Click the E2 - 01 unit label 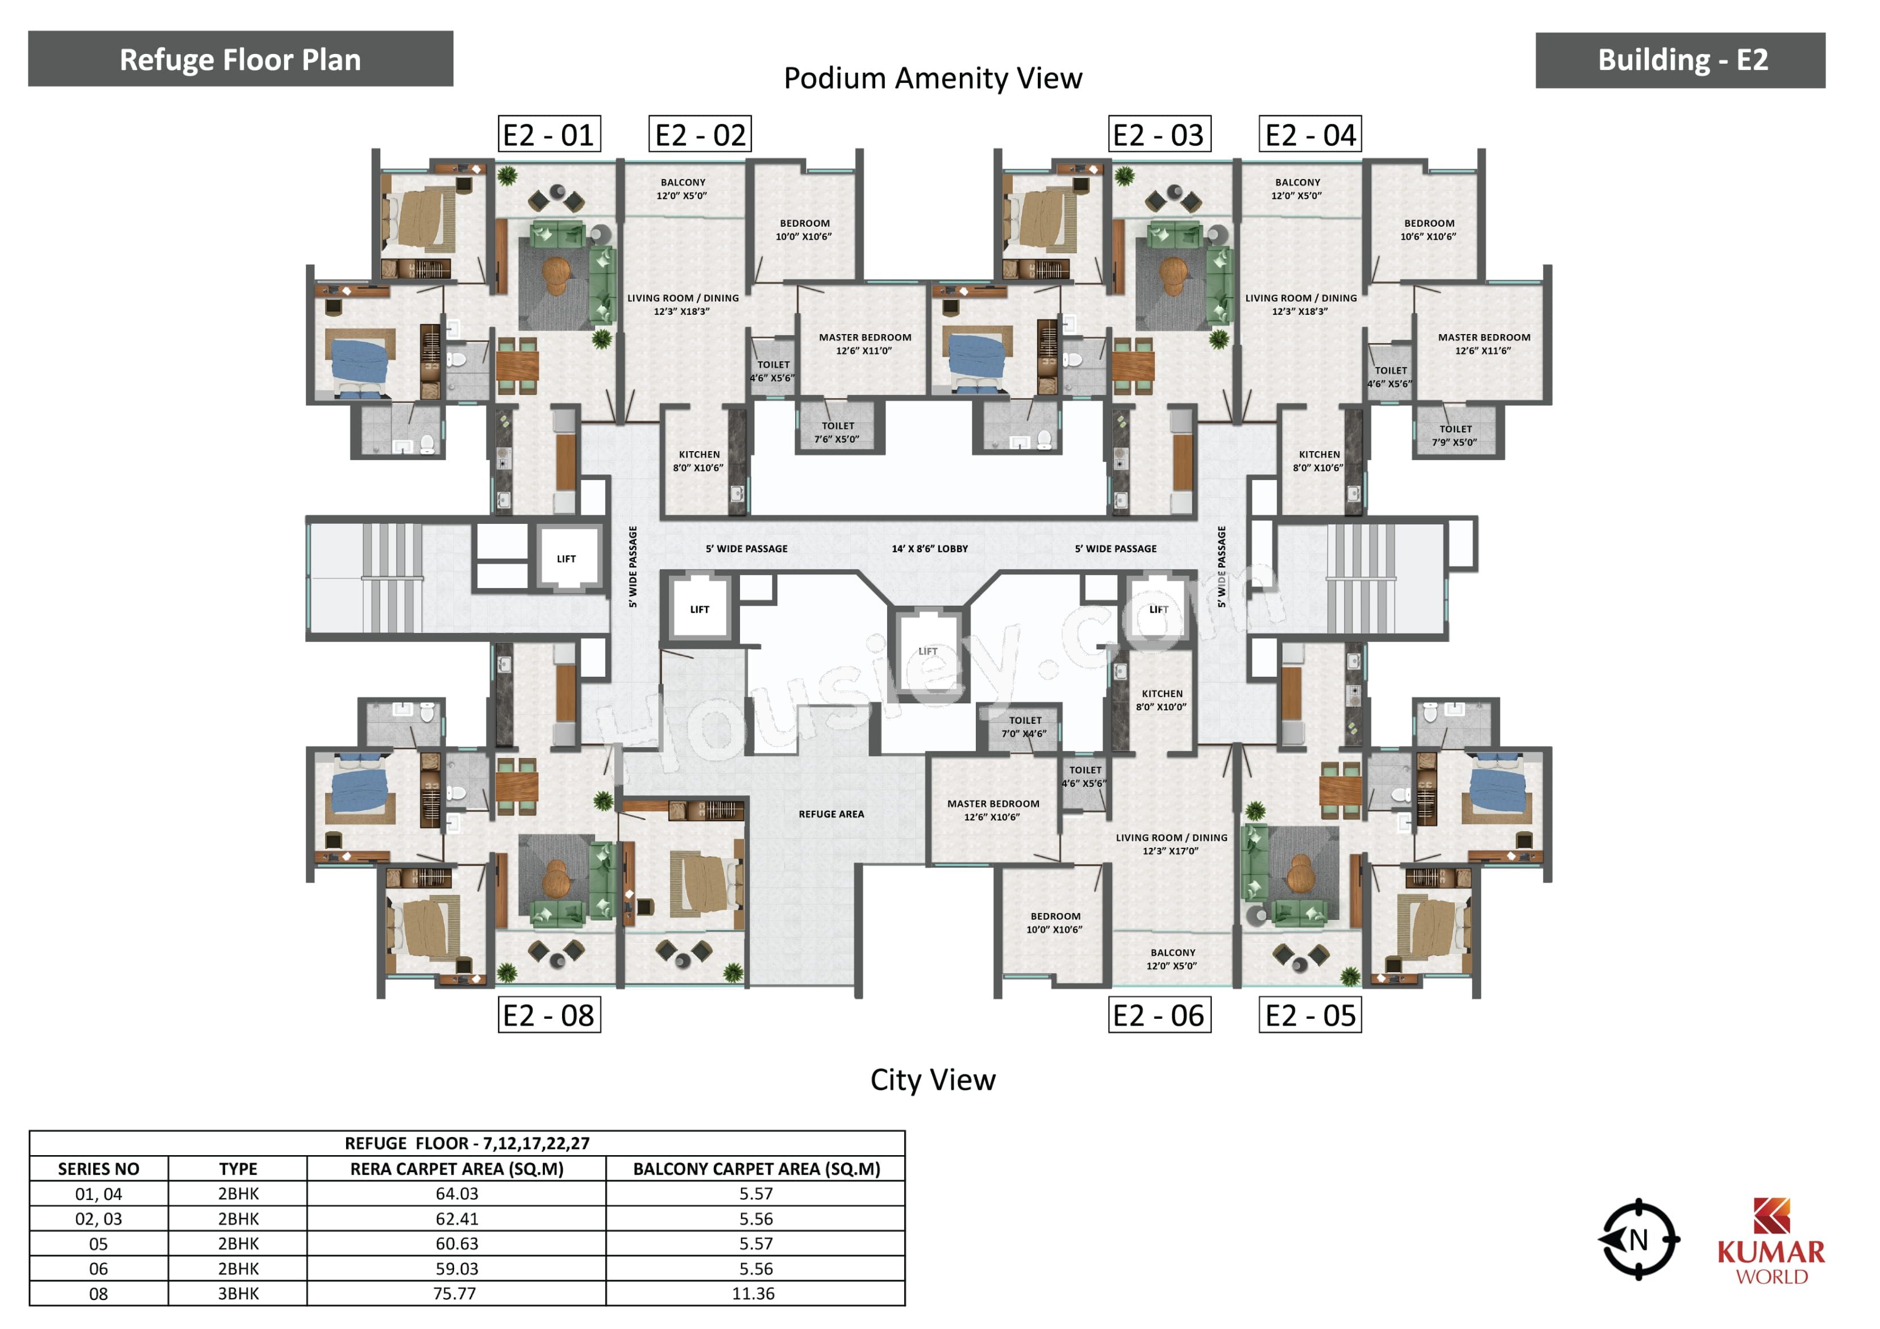click(x=550, y=134)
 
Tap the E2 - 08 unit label click(x=550, y=1015)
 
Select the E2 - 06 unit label click(x=1159, y=1015)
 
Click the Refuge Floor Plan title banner click(x=241, y=59)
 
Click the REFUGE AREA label click(x=831, y=814)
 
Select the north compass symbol click(x=1638, y=1240)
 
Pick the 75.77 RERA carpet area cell click(x=456, y=1294)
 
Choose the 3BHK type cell click(x=238, y=1294)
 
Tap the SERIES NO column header click(x=98, y=1169)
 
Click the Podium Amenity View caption click(x=933, y=78)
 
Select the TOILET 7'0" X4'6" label click(x=1024, y=727)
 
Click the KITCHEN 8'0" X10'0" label click(x=1162, y=700)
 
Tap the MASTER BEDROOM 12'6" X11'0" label click(x=864, y=344)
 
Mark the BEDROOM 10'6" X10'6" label click(x=1429, y=230)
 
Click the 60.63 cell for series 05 click(x=456, y=1244)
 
